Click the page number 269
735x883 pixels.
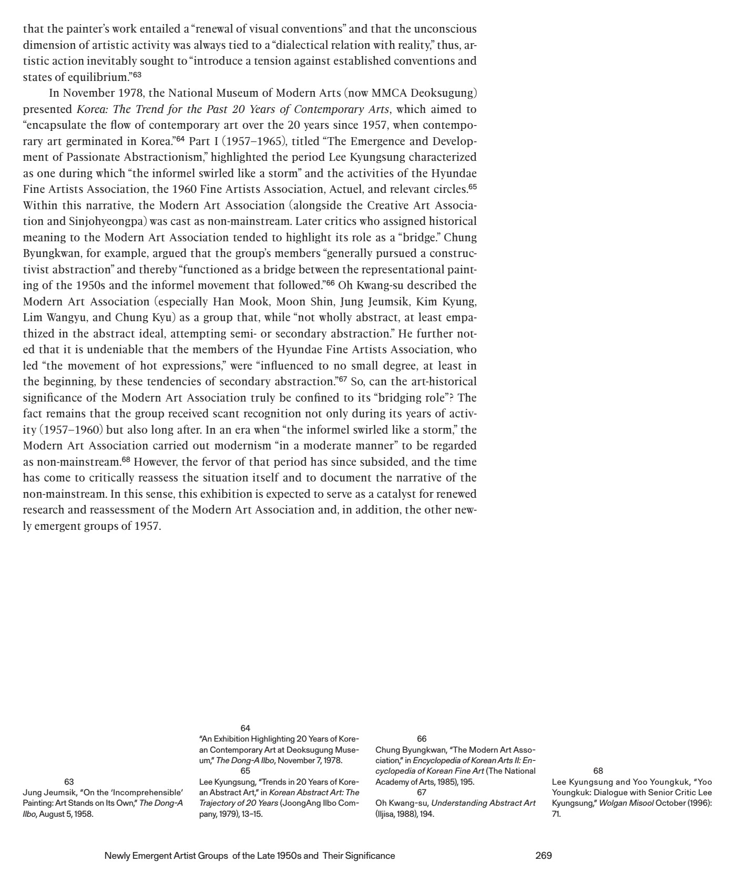pyautogui.click(x=543, y=855)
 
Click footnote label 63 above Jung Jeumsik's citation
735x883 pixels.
pyautogui.click(x=69, y=782)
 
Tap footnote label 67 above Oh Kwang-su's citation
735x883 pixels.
pyautogui.click(x=422, y=792)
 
